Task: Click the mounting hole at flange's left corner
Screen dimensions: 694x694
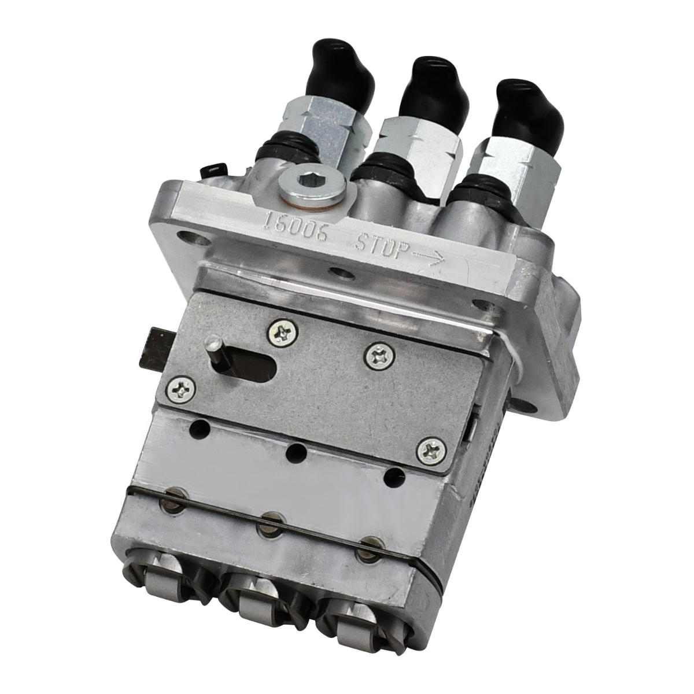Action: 187,238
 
